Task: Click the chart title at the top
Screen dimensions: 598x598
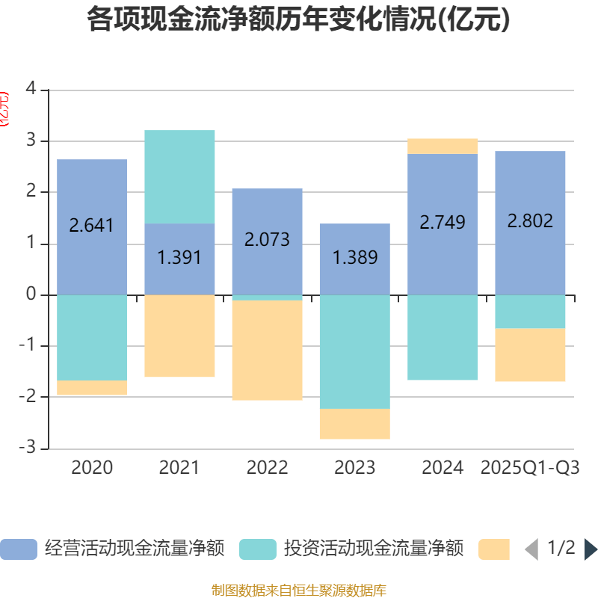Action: coord(298,19)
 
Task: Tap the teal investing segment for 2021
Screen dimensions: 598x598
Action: coord(179,176)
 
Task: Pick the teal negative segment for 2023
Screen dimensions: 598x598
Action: coord(354,351)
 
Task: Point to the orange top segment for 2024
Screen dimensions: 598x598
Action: coord(443,146)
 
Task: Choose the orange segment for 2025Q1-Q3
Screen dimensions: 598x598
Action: coord(530,355)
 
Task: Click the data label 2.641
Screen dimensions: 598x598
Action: coord(92,224)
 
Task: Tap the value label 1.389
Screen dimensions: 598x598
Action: coord(354,258)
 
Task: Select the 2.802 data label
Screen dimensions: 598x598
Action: coord(530,221)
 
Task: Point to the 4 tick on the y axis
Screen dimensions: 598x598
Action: coord(31,88)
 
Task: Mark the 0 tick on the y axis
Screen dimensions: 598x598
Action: coord(31,295)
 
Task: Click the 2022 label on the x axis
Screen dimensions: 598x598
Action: coord(267,468)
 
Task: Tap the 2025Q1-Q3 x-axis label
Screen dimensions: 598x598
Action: coord(530,468)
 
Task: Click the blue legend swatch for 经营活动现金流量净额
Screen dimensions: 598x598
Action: coord(18,549)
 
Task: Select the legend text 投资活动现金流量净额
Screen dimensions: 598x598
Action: coord(374,549)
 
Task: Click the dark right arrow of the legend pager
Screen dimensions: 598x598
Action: coord(591,549)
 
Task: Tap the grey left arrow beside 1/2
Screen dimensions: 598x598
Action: coord(531,549)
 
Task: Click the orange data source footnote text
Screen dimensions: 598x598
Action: coord(298,590)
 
